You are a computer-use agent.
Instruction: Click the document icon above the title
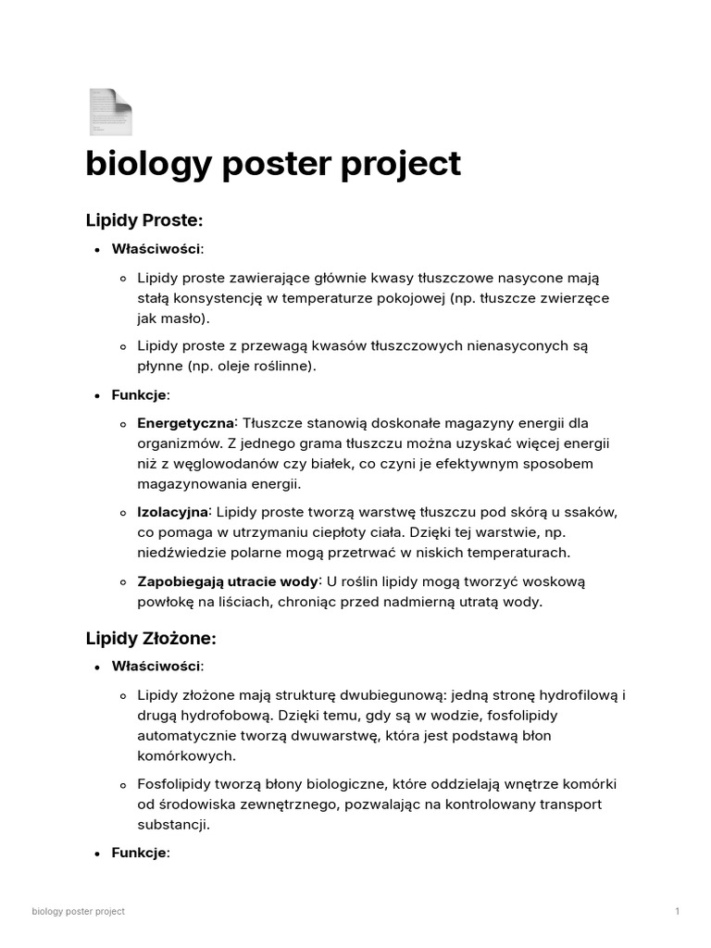coord(110,112)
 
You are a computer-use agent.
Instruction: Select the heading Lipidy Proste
coord(143,220)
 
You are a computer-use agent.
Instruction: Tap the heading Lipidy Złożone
coord(151,638)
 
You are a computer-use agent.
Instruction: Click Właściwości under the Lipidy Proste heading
coord(156,249)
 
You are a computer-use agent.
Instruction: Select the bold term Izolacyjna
coord(173,512)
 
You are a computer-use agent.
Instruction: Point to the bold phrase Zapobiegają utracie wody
coord(228,581)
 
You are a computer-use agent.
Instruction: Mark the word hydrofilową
coord(572,695)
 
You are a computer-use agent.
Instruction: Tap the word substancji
coord(172,825)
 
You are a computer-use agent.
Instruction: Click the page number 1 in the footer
coord(677,912)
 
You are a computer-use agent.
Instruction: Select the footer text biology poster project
coord(78,912)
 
